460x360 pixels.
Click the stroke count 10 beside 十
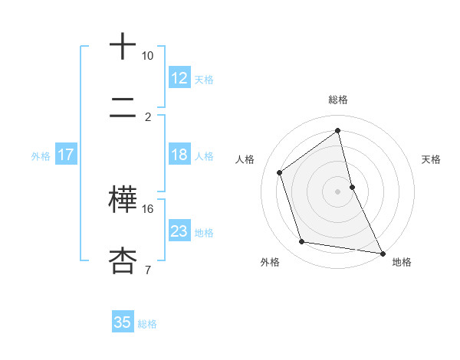[147, 56]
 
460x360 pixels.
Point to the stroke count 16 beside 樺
[147, 208]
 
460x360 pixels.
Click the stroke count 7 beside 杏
[147, 270]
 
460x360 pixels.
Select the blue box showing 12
[179, 77]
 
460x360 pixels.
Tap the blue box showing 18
[179, 155]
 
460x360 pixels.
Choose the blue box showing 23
[179, 231]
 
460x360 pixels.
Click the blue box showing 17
[66, 155]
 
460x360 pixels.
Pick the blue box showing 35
[123, 322]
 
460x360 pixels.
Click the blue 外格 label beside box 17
[41, 156]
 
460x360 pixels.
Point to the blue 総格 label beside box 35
[147, 324]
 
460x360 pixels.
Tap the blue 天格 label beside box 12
[204, 79]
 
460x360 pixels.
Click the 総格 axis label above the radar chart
[338, 100]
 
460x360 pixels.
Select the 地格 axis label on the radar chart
[402, 262]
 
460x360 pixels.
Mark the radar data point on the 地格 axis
[382, 253]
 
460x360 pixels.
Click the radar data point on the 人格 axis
[280, 172]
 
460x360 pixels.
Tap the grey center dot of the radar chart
[338, 191]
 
